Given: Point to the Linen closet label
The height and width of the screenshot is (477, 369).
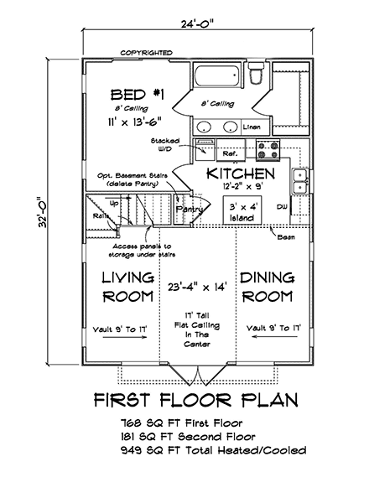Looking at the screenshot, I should [251, 127].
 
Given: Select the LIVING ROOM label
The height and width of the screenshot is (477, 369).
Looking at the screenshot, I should [127, 287].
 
